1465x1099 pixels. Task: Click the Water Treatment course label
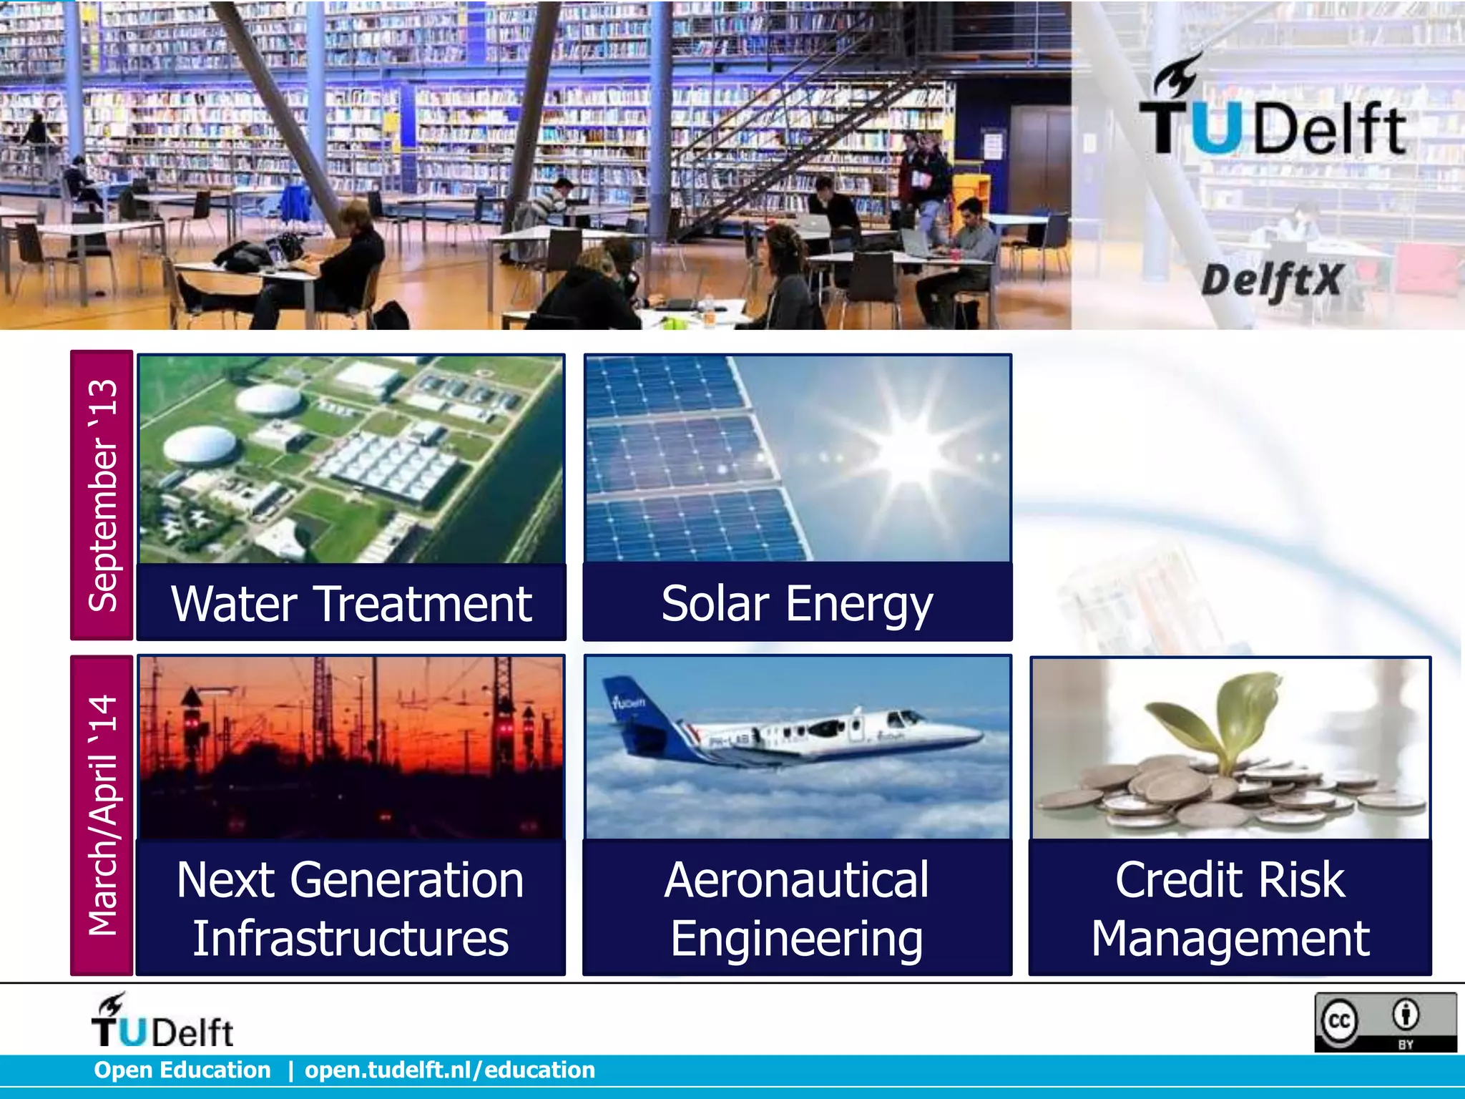[351, 603]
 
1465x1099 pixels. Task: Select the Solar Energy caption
[797, 603]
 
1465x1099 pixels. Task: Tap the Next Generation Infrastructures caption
[351, 908]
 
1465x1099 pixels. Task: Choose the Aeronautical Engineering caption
[797, 908]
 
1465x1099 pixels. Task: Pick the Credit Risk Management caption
[1230, 908]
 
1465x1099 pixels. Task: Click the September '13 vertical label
[102, 495]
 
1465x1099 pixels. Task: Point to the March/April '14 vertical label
[102, 815]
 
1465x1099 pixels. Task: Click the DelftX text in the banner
[1271, 280]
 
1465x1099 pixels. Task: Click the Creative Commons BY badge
[1385, 1022]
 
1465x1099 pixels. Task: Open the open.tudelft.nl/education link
[450, 1070]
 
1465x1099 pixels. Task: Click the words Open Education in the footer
[182, 1070]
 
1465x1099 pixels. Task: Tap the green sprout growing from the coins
[1209, 723]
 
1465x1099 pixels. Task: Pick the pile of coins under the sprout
[1216, 794]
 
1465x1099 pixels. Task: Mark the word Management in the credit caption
[1230, 938]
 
